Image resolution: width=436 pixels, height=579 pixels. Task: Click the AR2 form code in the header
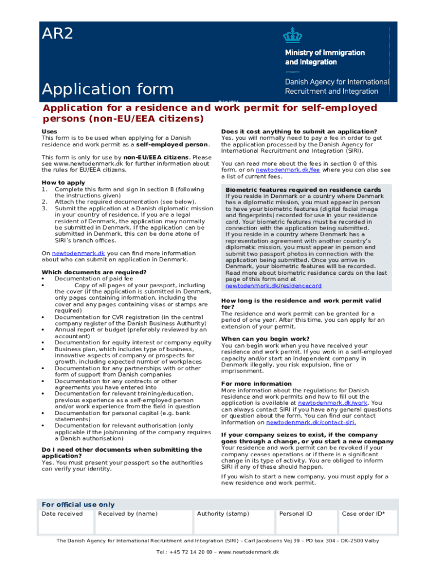(x=58, y=33)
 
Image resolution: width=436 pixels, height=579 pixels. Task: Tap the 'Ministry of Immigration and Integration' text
(x=324, y=57)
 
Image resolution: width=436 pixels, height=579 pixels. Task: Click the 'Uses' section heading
(x=49, y=132)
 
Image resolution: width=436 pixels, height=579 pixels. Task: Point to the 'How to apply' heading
(x=63, y=183)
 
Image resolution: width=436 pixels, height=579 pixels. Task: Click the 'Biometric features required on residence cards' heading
(x=303, y=189)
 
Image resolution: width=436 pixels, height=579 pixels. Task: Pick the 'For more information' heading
(x=257, y=384)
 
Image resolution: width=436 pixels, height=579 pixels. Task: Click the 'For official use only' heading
(x=78, y=504)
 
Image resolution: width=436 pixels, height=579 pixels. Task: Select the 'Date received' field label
(x=62, y=514)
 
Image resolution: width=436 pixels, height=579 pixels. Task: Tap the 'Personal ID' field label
(x=296, y=514)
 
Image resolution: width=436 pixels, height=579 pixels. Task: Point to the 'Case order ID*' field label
(x=364, y=514)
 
